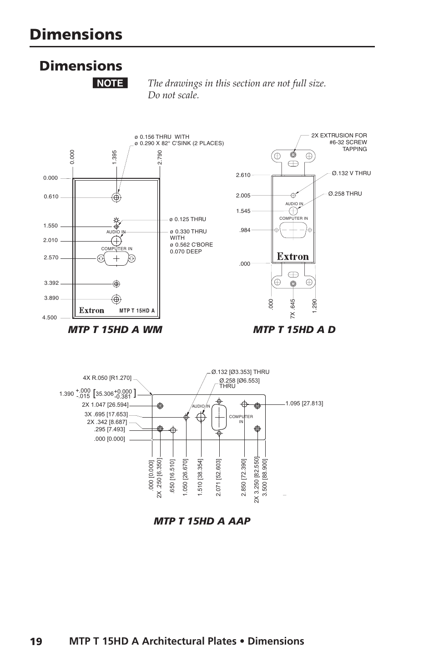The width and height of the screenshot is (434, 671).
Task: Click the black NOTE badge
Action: pos(110,83)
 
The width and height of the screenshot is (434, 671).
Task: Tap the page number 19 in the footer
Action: pos(36,641)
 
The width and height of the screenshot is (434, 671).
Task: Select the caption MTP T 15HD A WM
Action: pos(115,329)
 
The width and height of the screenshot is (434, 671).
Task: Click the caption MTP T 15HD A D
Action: pos(294,329)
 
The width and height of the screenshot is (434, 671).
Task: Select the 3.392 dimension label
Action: pos(51,283)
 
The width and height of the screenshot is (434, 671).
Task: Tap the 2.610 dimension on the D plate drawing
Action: pos(243,175)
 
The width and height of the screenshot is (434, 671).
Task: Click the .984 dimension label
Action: pos(245,230)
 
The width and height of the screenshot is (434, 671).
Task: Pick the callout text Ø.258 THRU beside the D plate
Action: pos(345,194)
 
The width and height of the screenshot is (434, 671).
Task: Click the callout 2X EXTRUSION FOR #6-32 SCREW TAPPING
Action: pos(339,142)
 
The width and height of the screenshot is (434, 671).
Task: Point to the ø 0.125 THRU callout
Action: pos(187,219)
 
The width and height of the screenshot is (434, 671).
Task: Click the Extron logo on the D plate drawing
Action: pos(293,257)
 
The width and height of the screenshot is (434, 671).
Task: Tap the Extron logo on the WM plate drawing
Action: pos(91,310)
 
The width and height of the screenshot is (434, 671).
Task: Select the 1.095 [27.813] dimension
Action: pos(304,403)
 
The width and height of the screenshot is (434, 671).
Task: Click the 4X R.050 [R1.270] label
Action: pos(107,378)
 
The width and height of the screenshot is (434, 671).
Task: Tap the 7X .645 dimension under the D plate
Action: pos(293,308)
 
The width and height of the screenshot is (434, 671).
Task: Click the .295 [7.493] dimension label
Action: pos(109,429)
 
